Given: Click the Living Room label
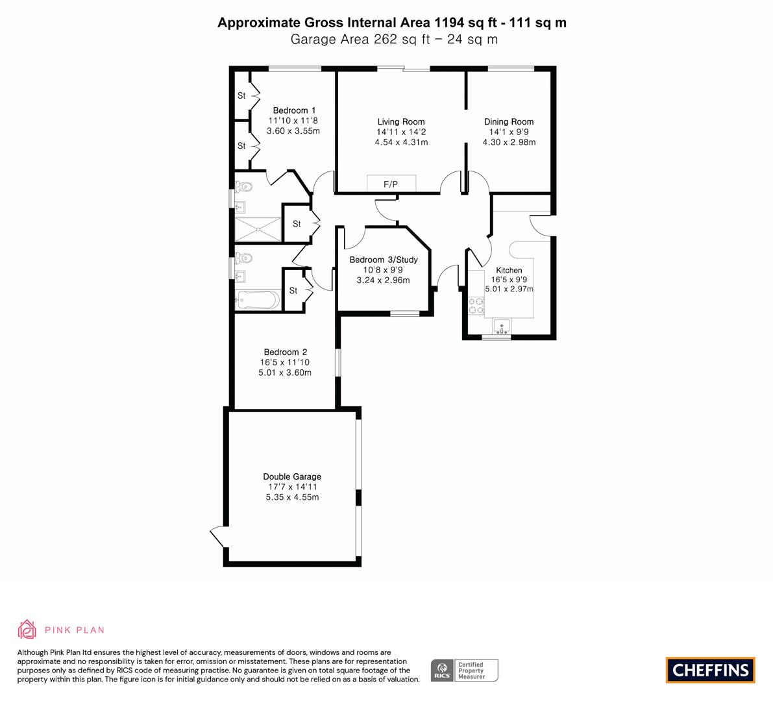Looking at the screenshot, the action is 401,122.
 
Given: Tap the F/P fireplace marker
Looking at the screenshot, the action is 391,184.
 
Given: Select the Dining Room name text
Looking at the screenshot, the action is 509,122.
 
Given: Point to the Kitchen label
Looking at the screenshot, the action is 509,270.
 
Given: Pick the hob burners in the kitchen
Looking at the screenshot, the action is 476,305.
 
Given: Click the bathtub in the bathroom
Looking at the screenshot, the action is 258,300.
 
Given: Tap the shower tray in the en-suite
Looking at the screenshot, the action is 257,229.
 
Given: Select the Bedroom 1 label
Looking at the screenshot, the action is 294,110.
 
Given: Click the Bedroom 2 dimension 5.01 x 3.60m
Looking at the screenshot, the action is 285,373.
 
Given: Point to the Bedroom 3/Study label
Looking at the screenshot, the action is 384,260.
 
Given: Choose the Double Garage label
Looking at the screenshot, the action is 292,476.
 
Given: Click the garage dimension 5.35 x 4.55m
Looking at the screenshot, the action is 292,497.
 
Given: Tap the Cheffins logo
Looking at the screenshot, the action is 711,670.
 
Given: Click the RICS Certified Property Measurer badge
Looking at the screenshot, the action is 465,670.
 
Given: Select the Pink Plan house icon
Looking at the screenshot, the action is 27,630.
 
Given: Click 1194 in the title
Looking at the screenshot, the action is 449,23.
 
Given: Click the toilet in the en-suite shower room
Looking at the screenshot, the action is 243,187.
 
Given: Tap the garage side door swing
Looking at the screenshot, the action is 217,537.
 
